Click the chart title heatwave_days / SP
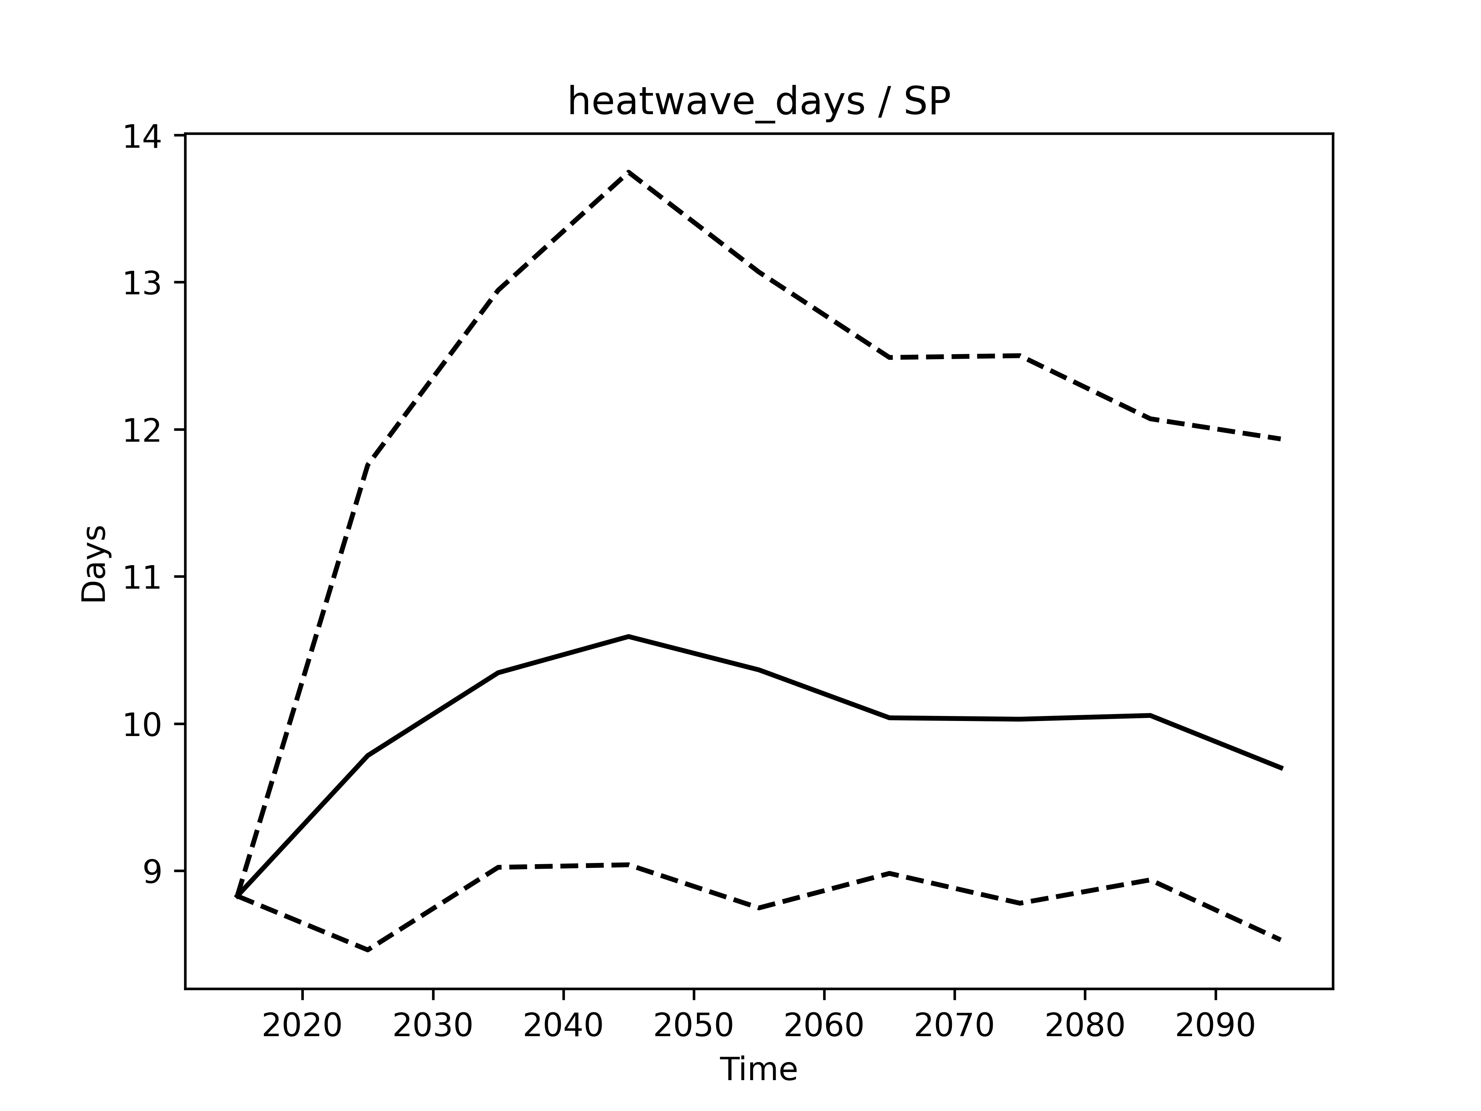pos(759,103)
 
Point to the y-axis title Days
pos(94,564)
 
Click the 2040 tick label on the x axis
pos(563,1026)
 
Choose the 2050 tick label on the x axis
pos(693,1026)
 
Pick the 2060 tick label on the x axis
pos(823,1026)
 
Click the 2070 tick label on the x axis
pos(954,1026)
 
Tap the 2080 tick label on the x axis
pos(1085,1026)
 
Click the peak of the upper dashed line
pos(628,172)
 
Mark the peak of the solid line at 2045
pos(628,636)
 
